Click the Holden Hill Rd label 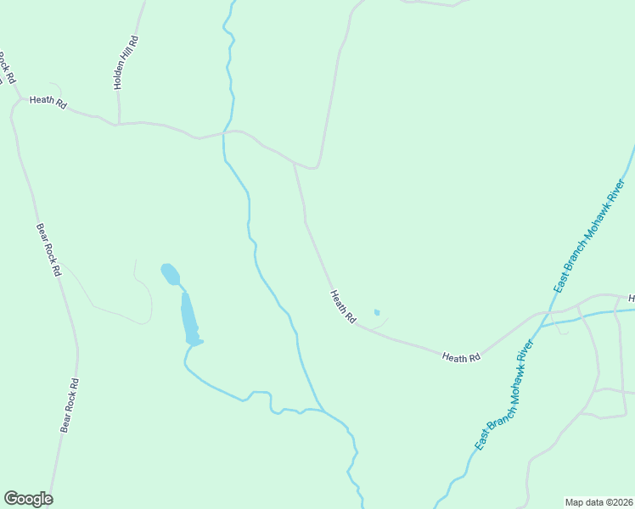[x=125, y=64]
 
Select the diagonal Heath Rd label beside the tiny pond [x=343, y=306]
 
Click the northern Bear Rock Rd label [x=48, y=250]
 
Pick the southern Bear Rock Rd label [x=70, y=406]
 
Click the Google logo [x=28, y=499]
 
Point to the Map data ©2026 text [x=598, y=501]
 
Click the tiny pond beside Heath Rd [x=377, y=312]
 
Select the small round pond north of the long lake [x=171, y=274]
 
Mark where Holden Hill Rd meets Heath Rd [x=119, y=124]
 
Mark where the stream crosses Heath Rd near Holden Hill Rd [x=224, y=132]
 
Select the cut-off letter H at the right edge [x=631, y=299]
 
